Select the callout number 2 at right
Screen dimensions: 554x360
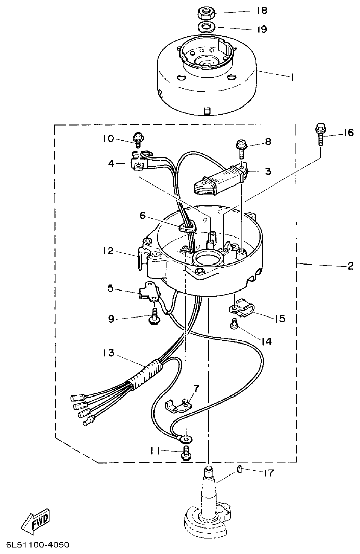pyautogui.click(x=350, y=266)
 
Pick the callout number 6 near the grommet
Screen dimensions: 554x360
pyautogui.click(x=143, y=216)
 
